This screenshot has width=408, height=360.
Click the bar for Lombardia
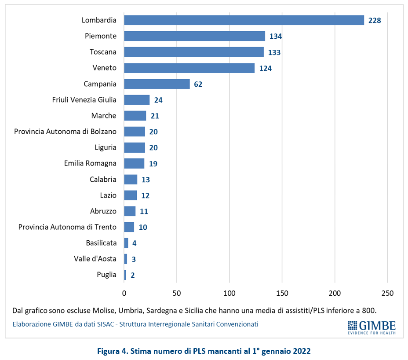click(244, 20)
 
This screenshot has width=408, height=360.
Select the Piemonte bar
click(194, 36)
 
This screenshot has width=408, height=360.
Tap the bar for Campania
click(157, 84)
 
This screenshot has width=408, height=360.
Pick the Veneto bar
click(189, 68)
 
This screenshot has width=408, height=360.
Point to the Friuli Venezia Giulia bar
click(137, 100)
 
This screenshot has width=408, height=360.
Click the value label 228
click(375, 21)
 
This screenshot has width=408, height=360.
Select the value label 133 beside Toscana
click(274, 52)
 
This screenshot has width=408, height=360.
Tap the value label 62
click(198, 84)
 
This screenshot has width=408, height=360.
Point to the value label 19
click(153, 164)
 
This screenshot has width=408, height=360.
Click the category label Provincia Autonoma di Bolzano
click(65, 132)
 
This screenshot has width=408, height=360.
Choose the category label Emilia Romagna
click(90, 163)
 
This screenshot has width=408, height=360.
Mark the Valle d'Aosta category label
click(95, 259)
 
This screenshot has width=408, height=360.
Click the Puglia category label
click(106, 275)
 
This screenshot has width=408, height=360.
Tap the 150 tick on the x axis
click(282, 293)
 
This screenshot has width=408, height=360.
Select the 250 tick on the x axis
click(387, 293)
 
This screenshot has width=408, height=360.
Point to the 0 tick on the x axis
click(124, 293)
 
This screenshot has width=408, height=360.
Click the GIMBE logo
click(372, 327)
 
